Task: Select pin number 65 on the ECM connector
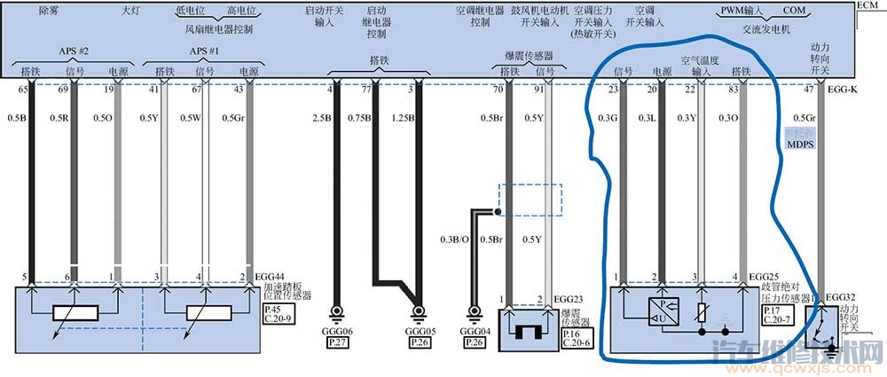click(25, 90)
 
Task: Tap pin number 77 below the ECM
click(365, 90)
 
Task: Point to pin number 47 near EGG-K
click(809, 90)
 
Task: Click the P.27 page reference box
click(337, 342)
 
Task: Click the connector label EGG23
click(568, 299)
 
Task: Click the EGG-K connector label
click(841, 90)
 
